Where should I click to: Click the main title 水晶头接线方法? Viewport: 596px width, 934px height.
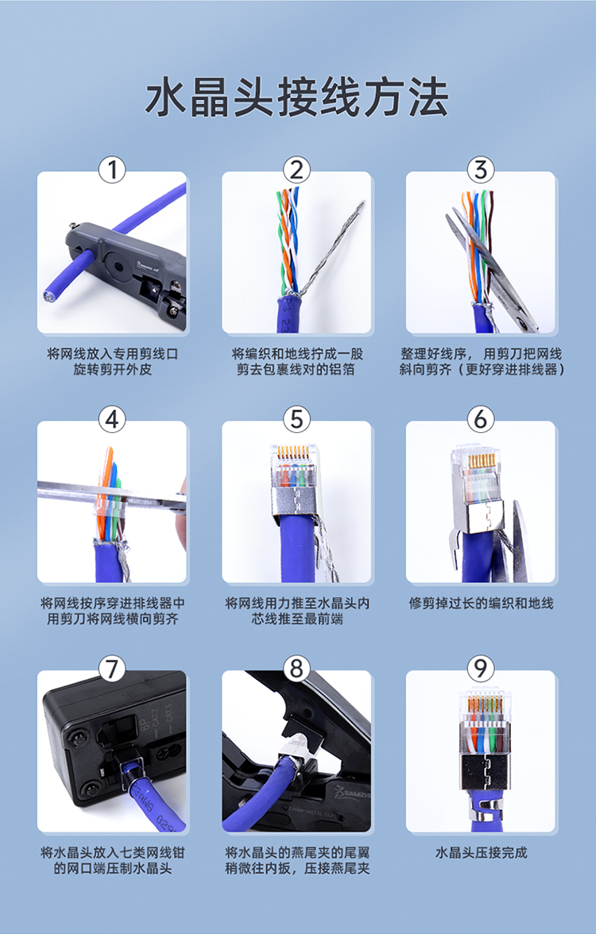296,98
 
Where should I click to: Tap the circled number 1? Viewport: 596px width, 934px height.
111,170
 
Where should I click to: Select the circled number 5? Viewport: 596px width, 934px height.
296,419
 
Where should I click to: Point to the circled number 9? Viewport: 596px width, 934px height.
480,669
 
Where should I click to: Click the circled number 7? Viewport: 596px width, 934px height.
111,669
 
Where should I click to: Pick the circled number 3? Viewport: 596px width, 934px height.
480,170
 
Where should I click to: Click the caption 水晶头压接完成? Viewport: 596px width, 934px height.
481,853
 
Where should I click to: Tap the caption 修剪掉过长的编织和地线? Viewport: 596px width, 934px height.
481,604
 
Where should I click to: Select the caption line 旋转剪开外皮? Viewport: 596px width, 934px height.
113,369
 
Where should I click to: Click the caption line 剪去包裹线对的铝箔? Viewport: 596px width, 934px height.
296,369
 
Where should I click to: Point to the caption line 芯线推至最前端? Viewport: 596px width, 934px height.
297,619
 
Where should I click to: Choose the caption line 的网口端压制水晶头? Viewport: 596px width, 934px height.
113,869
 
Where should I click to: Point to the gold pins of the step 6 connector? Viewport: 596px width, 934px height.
482,461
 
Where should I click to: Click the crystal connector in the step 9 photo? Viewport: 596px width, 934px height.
485,742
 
